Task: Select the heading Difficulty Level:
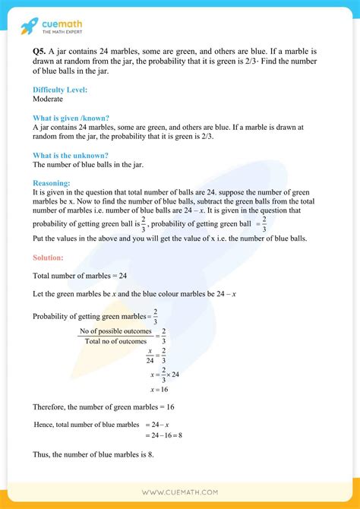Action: (x=60, y=90)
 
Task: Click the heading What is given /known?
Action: (x=71, y=118)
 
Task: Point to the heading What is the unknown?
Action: (x=70, y=155)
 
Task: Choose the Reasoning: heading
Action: (x=52, y=183)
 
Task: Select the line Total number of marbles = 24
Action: (x=79, y=277)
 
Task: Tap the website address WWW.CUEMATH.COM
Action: (x=179, y=492)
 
